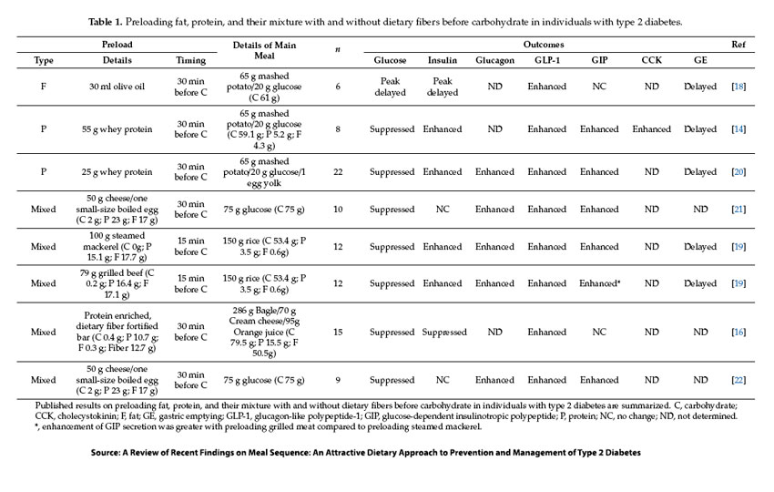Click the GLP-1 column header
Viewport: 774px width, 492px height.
(x=546, y=61)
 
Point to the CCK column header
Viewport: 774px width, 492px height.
(x=651, y=61)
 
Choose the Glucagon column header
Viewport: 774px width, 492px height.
(x=494, y=61)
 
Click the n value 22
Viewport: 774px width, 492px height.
(x=338, y=171)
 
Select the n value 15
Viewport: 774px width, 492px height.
(x=338, y=333)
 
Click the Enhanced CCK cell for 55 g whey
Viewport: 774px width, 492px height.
(x=651, y=129)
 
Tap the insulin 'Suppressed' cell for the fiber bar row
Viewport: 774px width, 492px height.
(x=443, y=333)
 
